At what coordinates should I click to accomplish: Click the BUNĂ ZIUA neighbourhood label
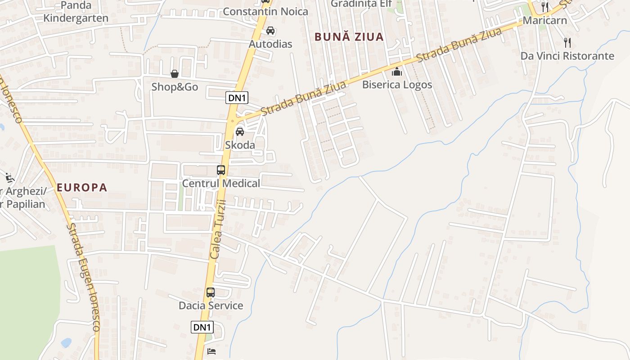point(349,37)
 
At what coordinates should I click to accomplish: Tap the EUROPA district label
point(82,188)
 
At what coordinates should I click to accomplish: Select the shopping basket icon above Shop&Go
point(174,74)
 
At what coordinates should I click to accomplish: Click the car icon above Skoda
point(240,132)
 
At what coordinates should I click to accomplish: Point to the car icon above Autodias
point(270,31)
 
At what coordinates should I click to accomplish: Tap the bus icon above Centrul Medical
point(221,170)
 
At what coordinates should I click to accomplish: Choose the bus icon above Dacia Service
point(211,292)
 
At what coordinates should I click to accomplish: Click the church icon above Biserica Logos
point(397,72)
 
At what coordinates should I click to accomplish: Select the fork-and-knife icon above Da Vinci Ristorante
point(567,43)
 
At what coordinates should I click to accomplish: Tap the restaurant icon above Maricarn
point(545,7)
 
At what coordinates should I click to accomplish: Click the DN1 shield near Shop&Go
point(237,97)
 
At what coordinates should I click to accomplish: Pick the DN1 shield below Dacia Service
point(202,327)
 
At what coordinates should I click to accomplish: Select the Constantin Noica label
point(265,12)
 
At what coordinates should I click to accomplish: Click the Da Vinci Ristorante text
point(567,56)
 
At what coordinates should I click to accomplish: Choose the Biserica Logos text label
point(397,85)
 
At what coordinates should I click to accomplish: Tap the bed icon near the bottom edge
point(211,351)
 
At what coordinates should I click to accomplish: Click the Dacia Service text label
point(211,306)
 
